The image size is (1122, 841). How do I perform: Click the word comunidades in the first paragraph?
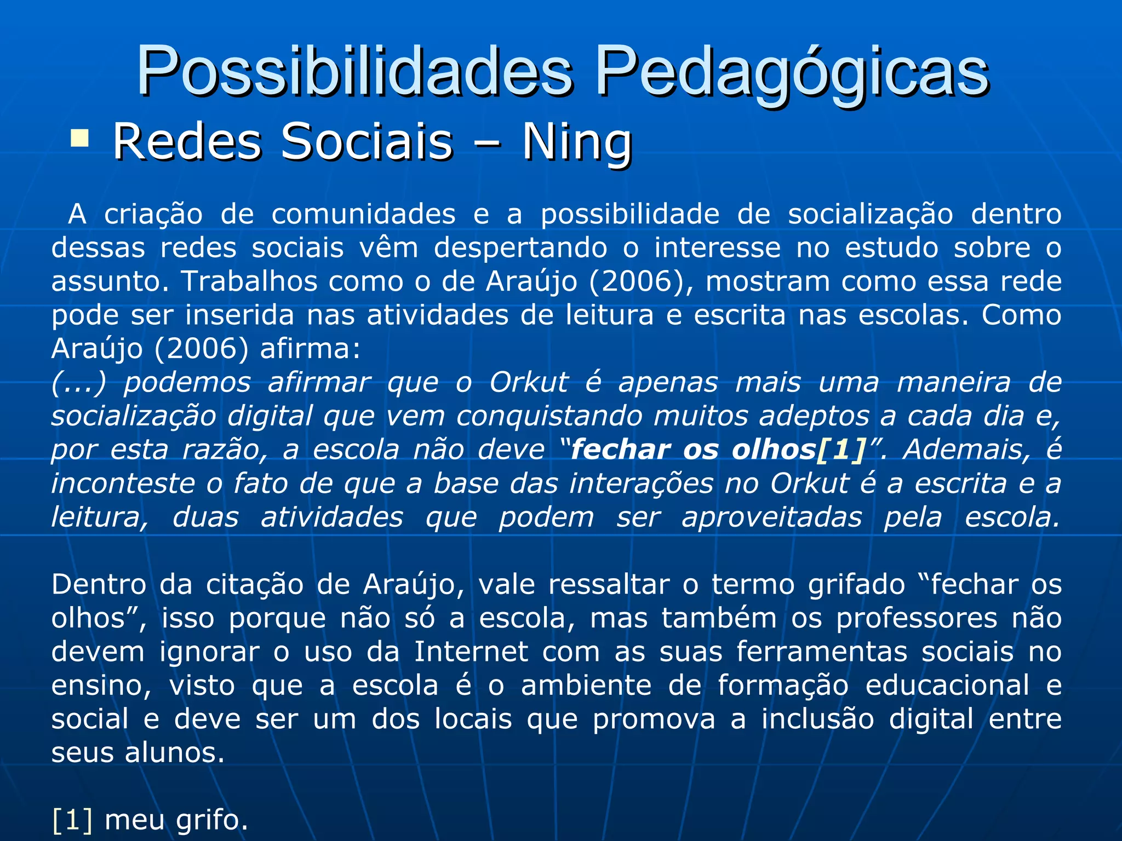click(363, 214)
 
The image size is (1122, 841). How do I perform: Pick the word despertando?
click(520, 248)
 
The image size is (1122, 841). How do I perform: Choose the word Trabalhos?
click(250, 281)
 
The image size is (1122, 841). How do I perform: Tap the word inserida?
click(240, 315)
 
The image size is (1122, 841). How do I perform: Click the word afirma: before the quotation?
click(310, 349)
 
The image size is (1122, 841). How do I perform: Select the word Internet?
click(471, 652)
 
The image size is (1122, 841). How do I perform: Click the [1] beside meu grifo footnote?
click(72, 820)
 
